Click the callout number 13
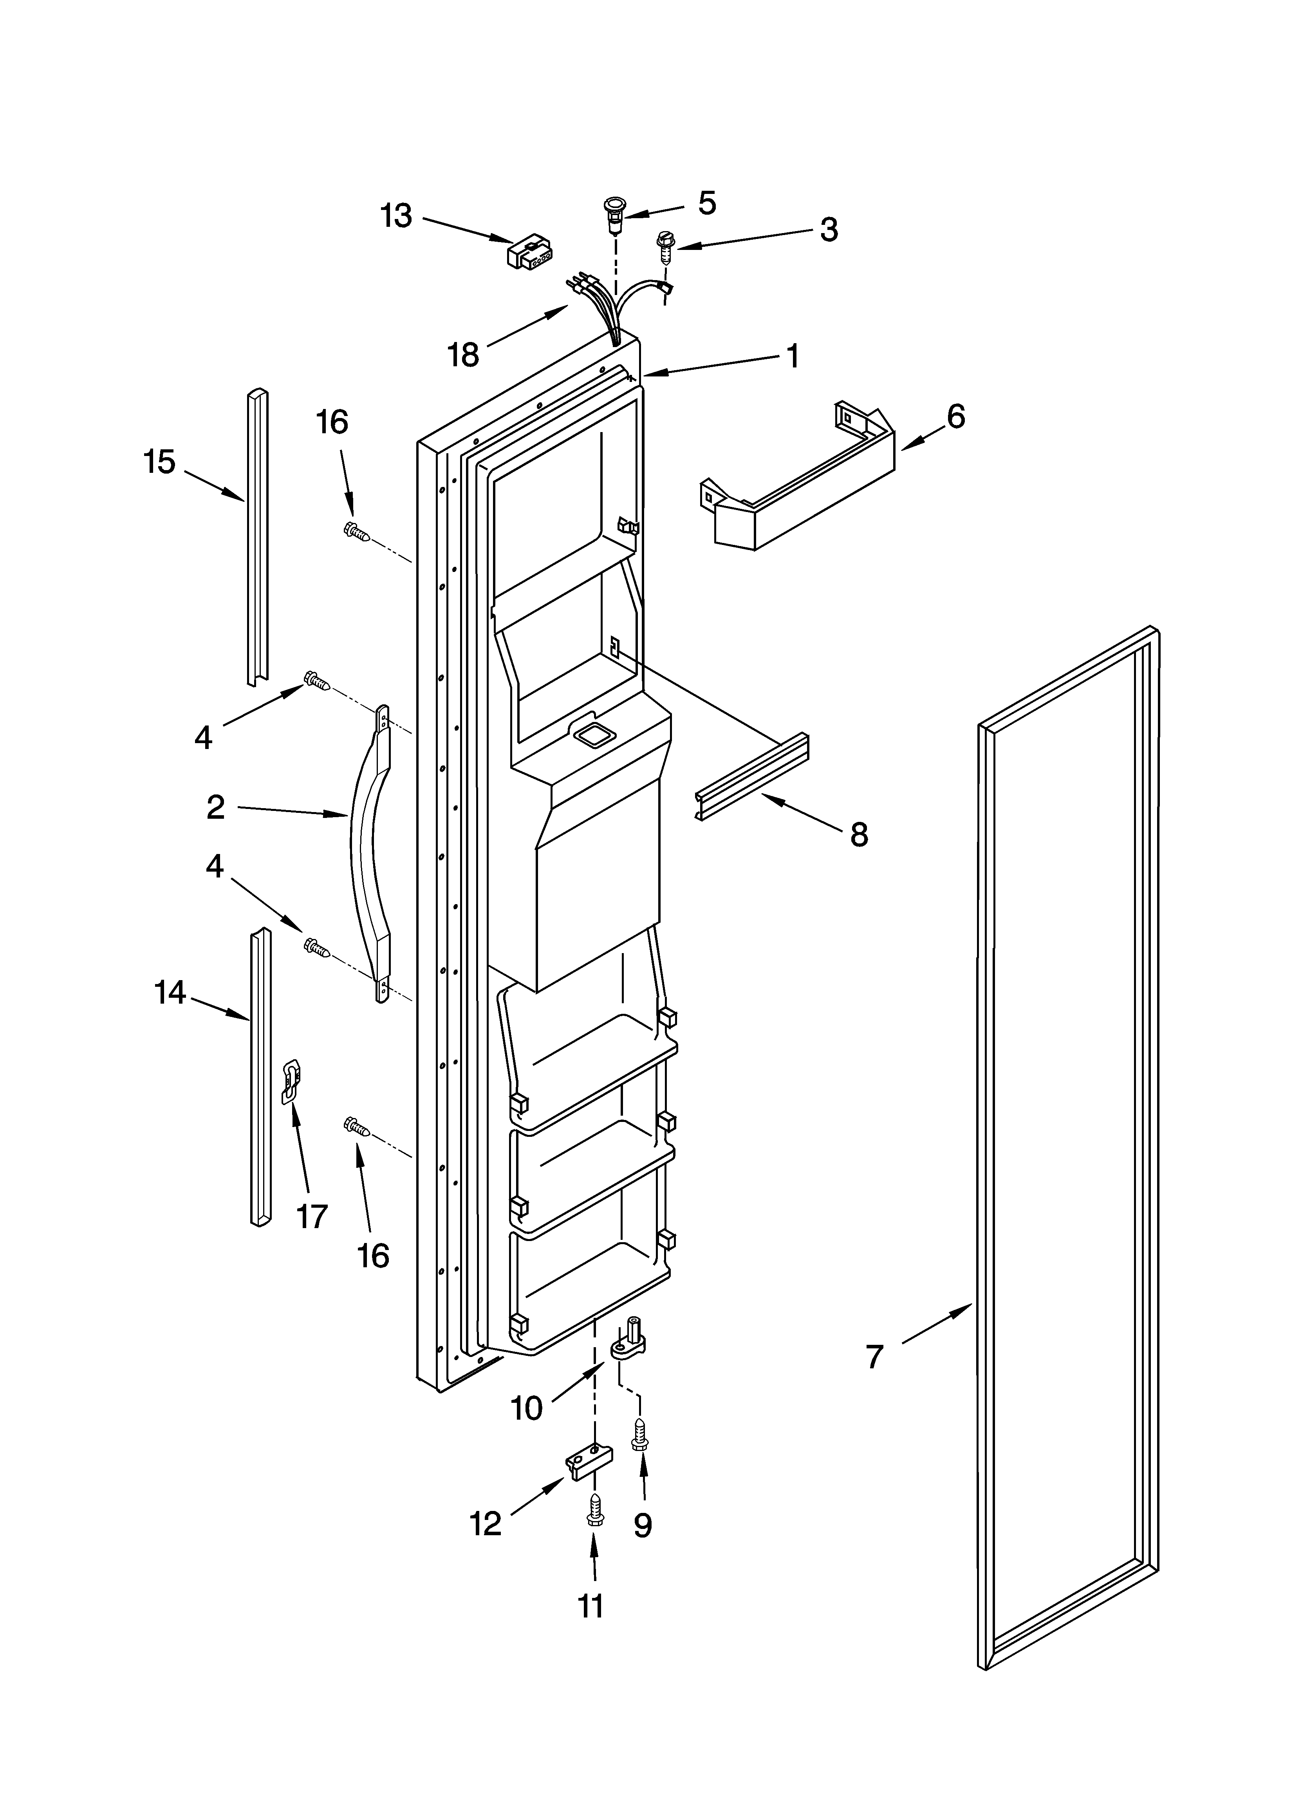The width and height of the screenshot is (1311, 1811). [396, 215]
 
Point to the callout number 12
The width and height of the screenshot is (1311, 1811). [486, 1523]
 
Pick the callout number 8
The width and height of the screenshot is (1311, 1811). [858, 835]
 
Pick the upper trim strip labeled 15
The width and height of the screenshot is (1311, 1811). [256, 535]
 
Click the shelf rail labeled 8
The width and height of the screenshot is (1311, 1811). [752, 779]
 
